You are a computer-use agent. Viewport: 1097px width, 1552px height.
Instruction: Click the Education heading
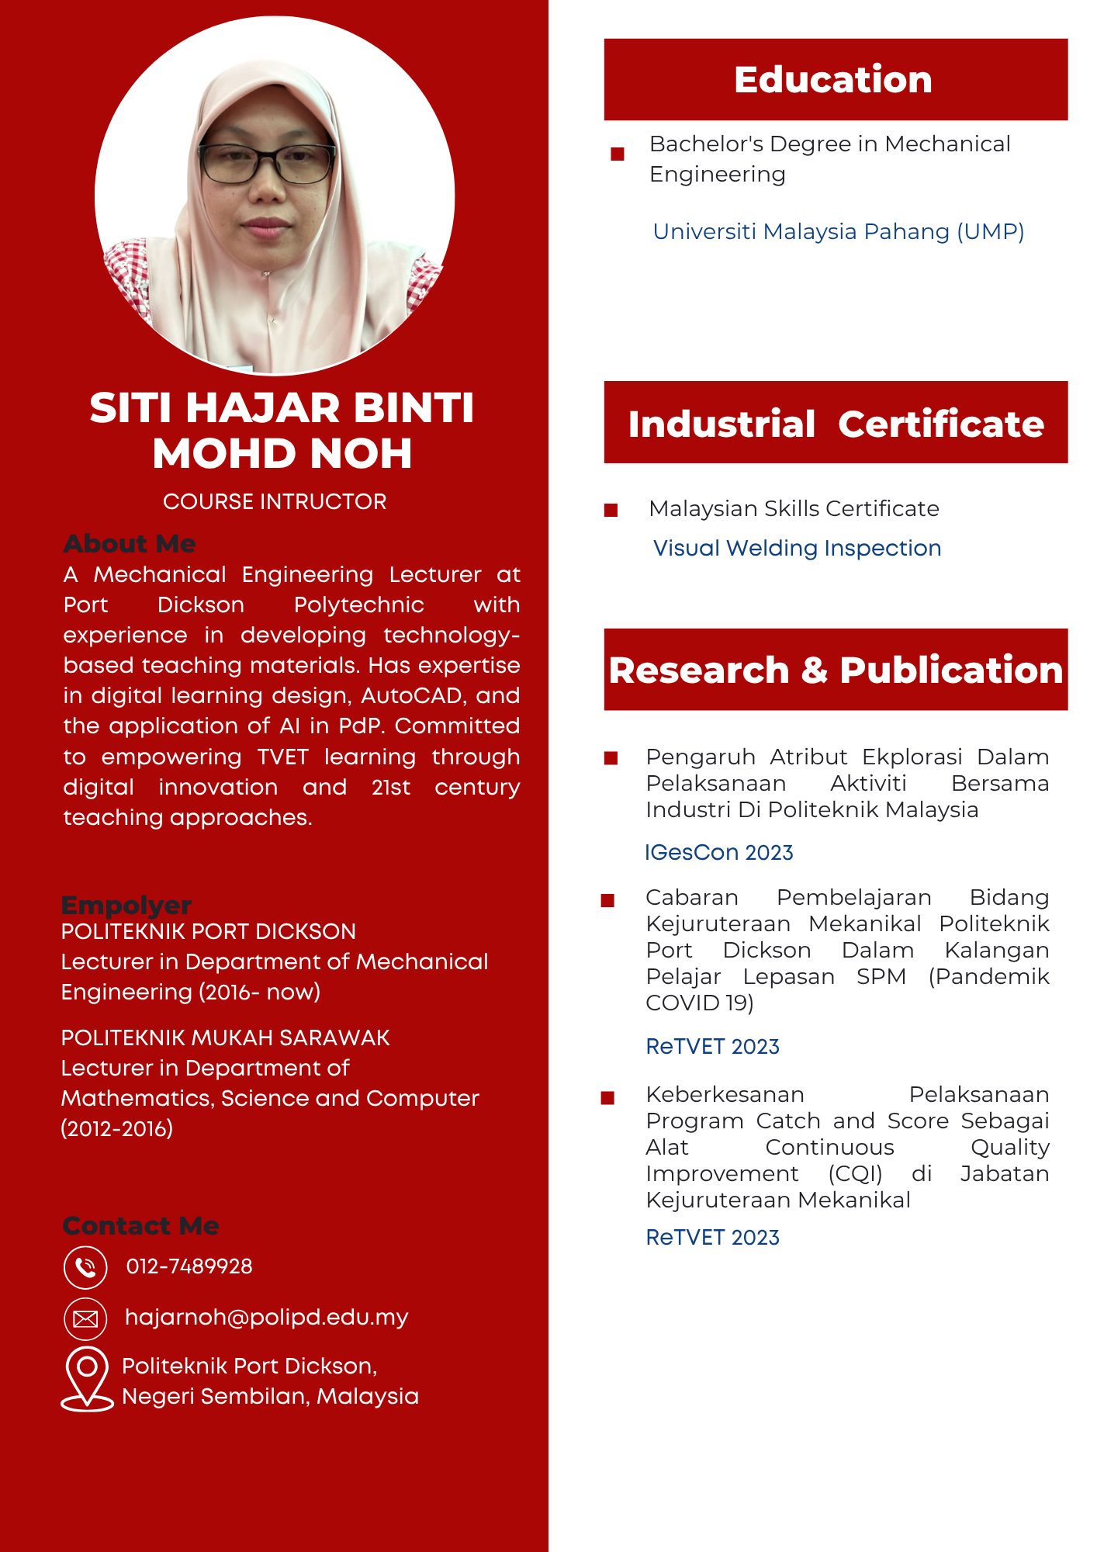point(833,80)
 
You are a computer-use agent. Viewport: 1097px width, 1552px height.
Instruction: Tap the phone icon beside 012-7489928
point(85,1267)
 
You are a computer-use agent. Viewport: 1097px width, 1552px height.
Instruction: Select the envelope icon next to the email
point(85,1318)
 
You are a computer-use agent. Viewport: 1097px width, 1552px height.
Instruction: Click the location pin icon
point(87,1377)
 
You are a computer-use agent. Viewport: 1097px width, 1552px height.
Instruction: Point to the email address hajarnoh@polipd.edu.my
point(266,1317)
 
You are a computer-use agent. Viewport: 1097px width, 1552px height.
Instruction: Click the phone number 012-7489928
point(189,1266)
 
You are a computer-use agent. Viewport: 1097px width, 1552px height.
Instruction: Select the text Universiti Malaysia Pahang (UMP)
point(838,231)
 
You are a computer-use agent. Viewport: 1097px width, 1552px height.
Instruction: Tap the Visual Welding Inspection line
point(797,548)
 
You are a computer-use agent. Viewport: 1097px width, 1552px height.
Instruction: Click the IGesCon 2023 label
point(718,852)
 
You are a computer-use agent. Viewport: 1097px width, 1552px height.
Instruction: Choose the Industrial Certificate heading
point(836,424)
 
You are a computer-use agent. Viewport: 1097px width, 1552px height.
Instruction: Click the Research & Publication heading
point(836,670)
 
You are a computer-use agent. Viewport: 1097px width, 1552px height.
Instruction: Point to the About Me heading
point(130,543)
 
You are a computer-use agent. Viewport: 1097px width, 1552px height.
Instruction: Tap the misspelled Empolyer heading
point(126,905)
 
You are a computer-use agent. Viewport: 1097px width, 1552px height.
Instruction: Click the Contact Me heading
point(140,1225)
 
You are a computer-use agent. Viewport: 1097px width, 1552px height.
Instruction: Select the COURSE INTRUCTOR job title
point(275,501)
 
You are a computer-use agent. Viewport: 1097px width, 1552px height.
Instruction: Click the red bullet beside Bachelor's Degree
point(618,154)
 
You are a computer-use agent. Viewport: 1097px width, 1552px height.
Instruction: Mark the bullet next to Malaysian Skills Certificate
point(611,510)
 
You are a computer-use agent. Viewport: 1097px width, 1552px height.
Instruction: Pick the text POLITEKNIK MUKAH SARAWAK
point(225,1038)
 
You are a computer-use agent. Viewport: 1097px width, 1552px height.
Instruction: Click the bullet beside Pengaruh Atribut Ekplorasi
point(611,758)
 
